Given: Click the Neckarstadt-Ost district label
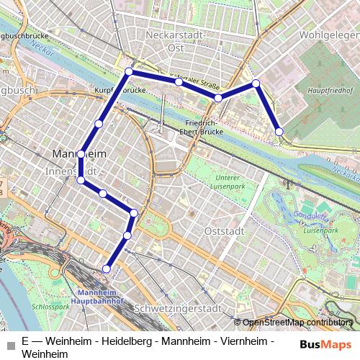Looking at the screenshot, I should point(176,40).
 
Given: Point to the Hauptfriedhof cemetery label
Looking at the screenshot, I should point(330,91).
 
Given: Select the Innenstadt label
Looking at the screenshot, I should point(69,171).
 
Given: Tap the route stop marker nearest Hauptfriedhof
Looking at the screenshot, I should point(279,131).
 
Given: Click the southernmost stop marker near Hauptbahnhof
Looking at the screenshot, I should point(107,269).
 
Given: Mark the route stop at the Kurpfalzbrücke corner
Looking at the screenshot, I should point(129,71).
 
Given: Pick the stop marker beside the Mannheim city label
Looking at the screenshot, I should point(81,154).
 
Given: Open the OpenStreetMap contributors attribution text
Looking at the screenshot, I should point(297,323).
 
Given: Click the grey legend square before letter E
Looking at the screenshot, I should point(11,342).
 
